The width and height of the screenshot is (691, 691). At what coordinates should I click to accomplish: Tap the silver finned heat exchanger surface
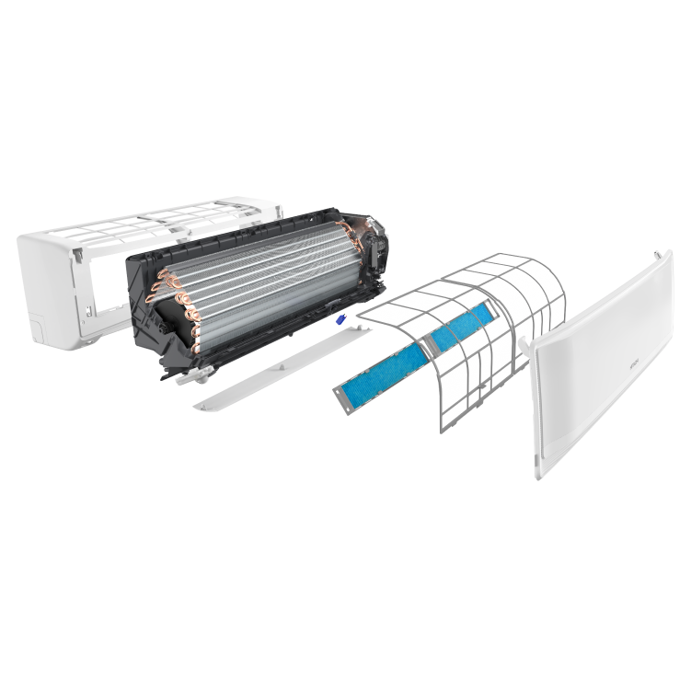click(x=267, y=276)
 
